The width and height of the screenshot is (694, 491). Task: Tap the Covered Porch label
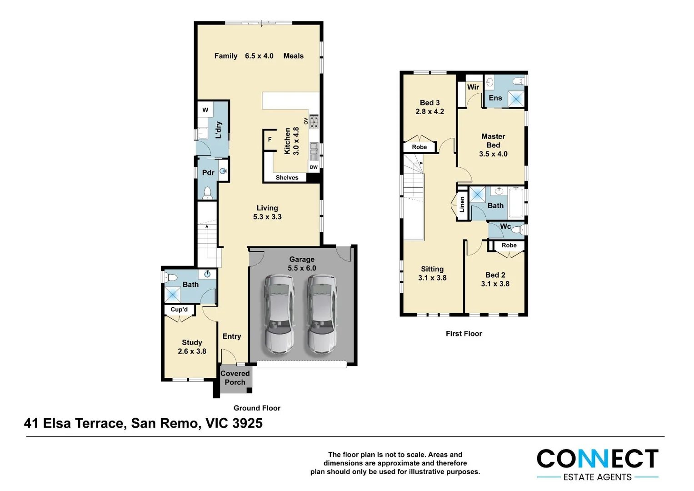[235, 378]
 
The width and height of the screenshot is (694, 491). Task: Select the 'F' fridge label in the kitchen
[270, 140]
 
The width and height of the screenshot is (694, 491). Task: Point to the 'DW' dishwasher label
[314, 167]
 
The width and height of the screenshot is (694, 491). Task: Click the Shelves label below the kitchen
[287, 178]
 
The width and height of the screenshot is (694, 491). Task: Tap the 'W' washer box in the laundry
[205, 110]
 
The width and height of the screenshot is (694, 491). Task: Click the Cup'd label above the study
[179, 310]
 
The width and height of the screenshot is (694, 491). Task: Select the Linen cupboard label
[462, 205]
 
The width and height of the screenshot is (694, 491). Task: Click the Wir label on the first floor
[473, 87]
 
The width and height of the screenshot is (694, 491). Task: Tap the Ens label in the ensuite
[495, 98]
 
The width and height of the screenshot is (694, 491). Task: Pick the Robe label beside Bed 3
[419, 147]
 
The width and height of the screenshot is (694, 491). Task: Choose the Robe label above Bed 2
[509, 245]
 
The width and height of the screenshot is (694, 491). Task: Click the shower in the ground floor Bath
[173, 295]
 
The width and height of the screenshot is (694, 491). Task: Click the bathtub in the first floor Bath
[516, 202]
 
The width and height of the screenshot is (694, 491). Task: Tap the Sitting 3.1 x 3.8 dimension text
[432, 278]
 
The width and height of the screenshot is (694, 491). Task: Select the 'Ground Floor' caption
[257, 408]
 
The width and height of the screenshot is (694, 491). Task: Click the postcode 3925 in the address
[247, 423]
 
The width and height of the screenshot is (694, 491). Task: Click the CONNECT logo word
[597, 459]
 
